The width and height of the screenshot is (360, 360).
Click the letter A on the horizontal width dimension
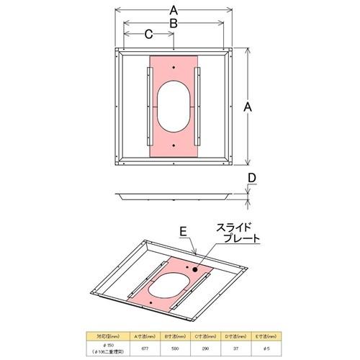click(x=174, y=10)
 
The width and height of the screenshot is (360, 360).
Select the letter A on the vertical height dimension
click(x=248, y=106)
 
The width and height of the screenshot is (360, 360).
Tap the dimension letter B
click(x=174, y=24)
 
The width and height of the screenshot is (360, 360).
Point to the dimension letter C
click(x=148, y=34)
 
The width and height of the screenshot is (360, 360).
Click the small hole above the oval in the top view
click(x=174, y=69)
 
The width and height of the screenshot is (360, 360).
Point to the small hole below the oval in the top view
click(x=174, y=145)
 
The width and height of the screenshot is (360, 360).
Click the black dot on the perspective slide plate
click(x=194, y=266)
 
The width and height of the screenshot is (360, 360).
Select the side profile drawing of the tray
click(x=174, y=195)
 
